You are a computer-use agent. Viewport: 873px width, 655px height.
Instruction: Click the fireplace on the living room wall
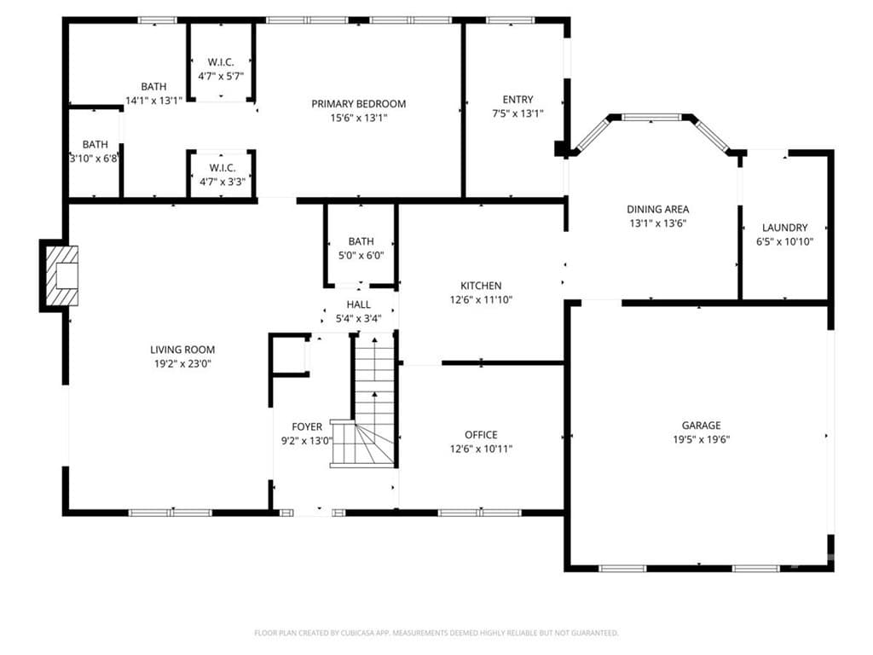pos(61,275)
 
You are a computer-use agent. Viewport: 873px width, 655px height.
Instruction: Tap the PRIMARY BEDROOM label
pos(359,103)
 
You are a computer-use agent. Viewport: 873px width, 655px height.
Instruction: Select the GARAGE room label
pos(701,426)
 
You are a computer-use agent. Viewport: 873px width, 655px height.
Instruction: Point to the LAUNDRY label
pos(784,227)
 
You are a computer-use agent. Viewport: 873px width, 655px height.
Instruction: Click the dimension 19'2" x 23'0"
pos(182,364)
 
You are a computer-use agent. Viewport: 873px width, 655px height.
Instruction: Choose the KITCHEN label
pos(481,286)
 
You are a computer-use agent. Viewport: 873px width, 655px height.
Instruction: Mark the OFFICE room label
pos(481,435)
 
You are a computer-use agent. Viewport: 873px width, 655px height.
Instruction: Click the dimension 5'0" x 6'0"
pos(361,256)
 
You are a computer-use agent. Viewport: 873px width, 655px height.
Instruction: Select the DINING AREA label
pos(657,210)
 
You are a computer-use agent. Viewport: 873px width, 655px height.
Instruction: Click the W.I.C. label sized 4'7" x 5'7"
pos(221,61)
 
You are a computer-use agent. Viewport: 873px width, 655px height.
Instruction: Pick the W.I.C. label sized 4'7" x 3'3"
pos(223,168)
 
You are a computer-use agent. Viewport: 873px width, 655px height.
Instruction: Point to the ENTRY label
pos(517,100)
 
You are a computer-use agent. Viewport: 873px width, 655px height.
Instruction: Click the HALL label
pos(359,304)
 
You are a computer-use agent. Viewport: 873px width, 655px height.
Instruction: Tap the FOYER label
pos(307,426)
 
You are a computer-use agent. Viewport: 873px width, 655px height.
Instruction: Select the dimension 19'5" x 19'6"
pos(701,439)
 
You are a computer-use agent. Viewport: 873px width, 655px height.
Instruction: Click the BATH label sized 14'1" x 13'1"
pos(153,86)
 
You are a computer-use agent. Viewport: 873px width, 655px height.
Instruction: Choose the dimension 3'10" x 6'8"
pos(94,159)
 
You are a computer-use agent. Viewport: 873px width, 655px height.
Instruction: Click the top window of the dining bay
pos(651,118)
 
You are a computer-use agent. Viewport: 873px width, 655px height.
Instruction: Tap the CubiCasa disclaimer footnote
pos(436,633)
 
